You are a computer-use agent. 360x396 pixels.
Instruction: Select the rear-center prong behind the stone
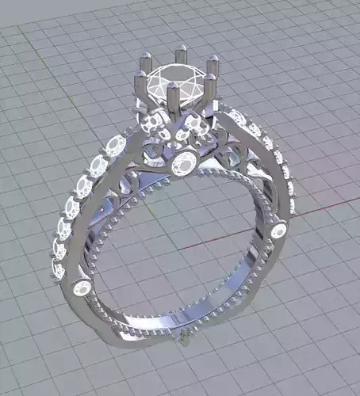click(180, 51)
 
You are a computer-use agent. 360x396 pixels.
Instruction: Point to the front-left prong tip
click(141, 76)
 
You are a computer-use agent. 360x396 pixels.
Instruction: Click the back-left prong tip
click(147, 57)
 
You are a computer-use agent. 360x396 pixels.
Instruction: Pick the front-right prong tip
click(211, 78)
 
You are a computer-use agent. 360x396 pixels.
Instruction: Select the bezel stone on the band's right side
click(278, 232)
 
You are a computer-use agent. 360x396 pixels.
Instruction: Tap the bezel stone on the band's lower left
click(81, 288)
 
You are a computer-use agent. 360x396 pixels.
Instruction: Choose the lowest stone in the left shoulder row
click(59, 270)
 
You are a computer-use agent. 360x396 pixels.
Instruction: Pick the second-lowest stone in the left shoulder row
click(58, 252)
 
